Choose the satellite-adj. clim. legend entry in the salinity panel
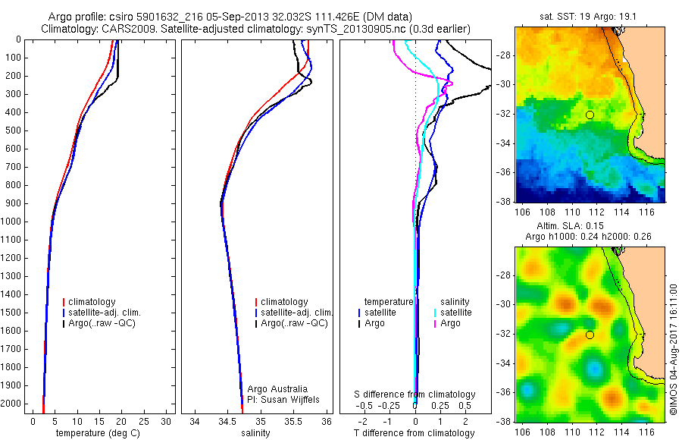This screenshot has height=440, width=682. (x=296, y=313)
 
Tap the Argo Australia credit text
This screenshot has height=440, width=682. (x=278, y=388)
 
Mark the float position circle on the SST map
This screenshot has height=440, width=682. (x=590, y=115)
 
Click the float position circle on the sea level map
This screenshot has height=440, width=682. (x=590, y=335)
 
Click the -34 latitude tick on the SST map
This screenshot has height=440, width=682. (x=502, y=143)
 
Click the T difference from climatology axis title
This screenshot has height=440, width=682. (x=416, y=433)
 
